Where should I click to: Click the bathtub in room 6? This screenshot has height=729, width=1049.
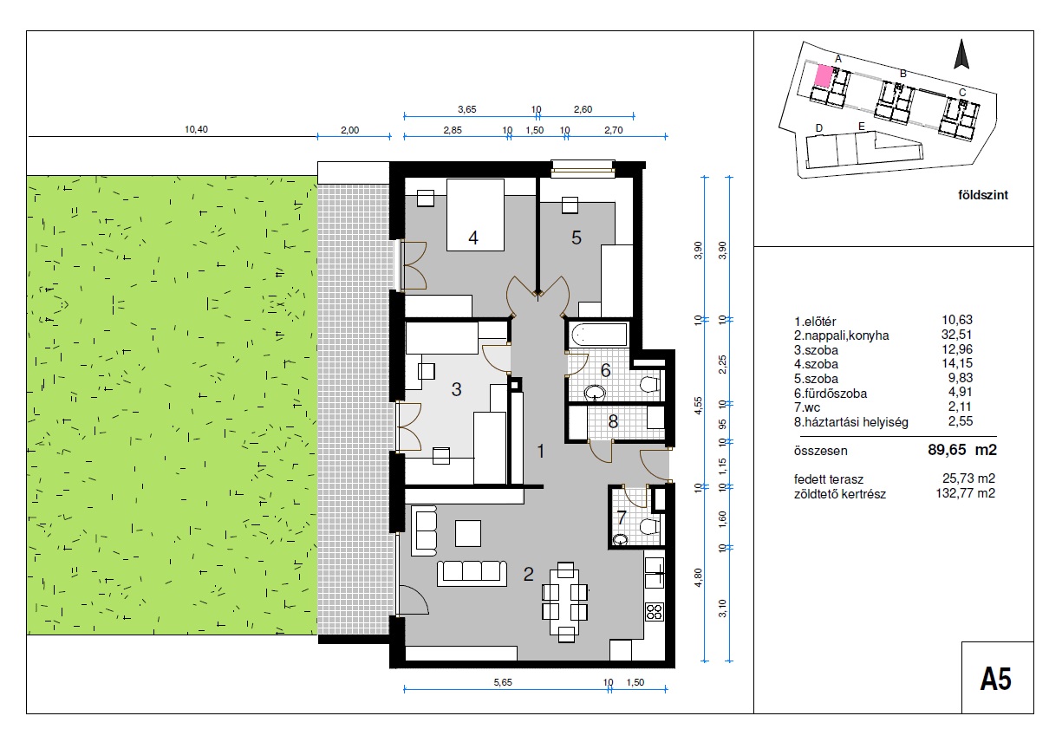coord(599,335)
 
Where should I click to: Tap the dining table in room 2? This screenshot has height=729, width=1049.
coord(566,602)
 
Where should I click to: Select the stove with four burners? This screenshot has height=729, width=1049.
coord(655,610)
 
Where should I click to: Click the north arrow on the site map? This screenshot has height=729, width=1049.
coord(961,54)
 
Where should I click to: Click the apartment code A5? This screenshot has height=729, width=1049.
coord(996,679)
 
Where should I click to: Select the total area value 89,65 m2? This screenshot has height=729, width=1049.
coord(962,450)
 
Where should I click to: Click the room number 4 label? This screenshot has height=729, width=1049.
coord(473,238)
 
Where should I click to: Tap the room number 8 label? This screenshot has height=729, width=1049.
coord(613,422)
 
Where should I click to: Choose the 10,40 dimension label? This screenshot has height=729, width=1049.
coord(196,129)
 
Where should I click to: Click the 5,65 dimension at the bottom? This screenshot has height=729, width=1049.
coord(503,683)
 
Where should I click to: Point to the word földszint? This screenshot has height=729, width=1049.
coord(983,195)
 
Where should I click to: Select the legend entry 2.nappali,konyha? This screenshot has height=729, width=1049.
coord(842,335)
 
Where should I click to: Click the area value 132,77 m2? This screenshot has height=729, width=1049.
coord(966,493)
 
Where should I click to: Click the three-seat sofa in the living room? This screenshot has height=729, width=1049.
coord(472,573)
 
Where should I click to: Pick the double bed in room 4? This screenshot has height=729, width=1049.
coord(475,215)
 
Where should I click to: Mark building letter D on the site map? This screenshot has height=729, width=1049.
coord(819,127)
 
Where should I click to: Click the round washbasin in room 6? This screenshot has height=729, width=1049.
coord(596,393)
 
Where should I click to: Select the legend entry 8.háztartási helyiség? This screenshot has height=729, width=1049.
coord(851,422)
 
